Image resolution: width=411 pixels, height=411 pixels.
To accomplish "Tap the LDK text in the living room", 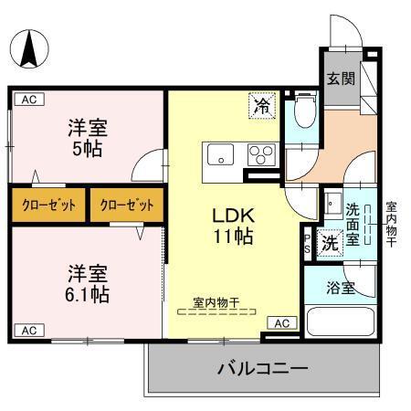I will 233,216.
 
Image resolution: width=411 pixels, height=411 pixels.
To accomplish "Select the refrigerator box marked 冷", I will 262,106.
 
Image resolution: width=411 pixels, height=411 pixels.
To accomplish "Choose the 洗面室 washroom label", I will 353,221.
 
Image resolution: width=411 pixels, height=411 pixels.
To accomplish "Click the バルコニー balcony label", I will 261,369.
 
